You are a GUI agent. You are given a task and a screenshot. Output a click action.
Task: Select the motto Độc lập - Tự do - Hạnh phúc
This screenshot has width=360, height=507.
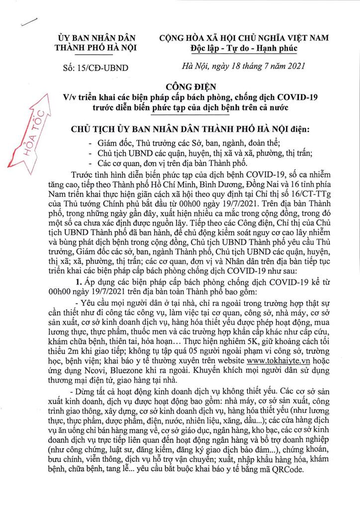(x=243, y=48)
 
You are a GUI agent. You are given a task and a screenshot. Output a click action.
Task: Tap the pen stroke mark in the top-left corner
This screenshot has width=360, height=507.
(x=30, y=21)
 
